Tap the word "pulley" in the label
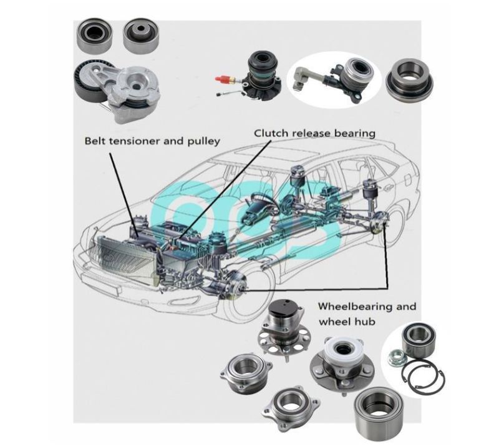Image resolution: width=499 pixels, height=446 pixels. (x=204, y=141)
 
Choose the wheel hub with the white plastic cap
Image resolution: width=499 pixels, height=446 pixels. (x=342, y=364)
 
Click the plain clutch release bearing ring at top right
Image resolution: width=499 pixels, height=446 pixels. (x=409, y=81)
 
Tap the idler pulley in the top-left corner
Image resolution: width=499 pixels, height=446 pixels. (x=94, y=36)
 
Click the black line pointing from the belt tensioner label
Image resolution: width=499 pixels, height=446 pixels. (x=124, y=194)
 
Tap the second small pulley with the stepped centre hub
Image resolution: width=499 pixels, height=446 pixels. (x=141, y=36)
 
